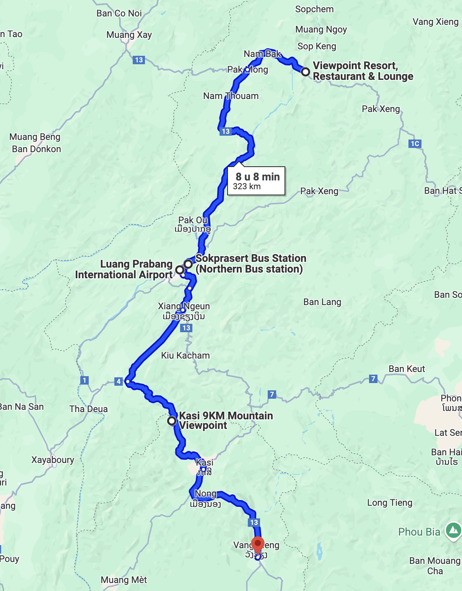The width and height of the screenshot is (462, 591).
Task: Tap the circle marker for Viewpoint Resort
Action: click(305, 71)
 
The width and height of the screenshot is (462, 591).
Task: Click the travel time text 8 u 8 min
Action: click(257, 177)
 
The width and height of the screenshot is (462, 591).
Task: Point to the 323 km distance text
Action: click(247, 187)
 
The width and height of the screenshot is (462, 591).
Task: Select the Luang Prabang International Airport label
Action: click(124, 270)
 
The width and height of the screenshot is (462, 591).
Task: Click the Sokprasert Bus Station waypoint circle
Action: click(188, 264)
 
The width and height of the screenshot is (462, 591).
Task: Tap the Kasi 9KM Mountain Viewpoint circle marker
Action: click(172, 421)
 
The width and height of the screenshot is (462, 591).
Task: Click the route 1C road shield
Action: click(415, 144)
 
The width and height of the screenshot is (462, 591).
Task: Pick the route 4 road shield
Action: click(119, 381)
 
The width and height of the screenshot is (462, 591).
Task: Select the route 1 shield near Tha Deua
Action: click(85, 380)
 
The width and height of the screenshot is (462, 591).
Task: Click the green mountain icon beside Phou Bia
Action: click(453, 530)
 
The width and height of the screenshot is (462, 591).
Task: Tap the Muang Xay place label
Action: click(129, 35)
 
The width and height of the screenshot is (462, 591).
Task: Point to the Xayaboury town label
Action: click(53, 459)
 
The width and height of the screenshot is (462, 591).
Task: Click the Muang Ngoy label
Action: click(321, 29)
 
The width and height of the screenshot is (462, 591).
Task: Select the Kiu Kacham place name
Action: click(185, 356)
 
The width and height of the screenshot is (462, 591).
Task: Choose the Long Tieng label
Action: click(389, 503)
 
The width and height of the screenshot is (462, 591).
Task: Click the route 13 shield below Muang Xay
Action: click(139, 60)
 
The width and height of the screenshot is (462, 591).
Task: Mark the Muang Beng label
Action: click(35, 137)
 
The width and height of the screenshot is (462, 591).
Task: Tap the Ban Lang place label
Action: click(322, 302)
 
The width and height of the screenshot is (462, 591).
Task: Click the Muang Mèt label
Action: click(124, 580)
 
